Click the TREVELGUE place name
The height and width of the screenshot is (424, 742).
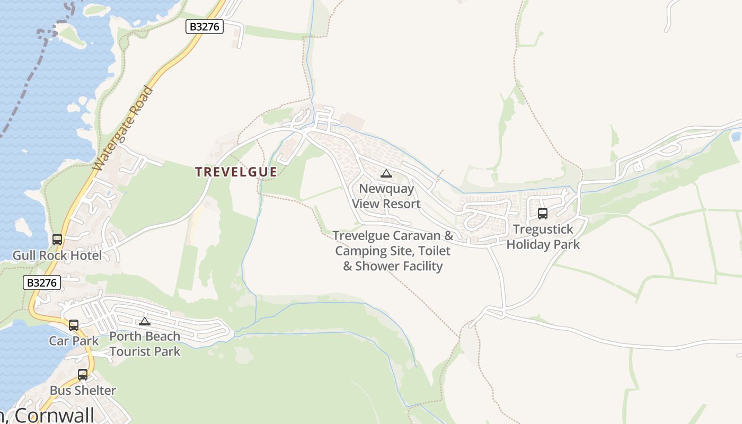tap(236, 172)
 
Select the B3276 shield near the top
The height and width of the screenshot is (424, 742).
tap(205, 26)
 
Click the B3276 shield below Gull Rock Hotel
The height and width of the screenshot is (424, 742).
tap(42, 282)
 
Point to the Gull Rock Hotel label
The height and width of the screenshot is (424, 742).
tap(57, 255)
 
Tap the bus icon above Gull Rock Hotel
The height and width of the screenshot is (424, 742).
tap(57, 240)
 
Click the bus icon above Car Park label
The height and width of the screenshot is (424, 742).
tap(74, 325)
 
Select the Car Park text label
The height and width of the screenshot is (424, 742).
tap(74, 340)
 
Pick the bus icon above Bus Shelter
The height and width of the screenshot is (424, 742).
tap(83, 375)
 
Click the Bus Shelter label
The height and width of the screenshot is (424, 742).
tap(83, 391)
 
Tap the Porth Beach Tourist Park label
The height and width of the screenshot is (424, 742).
tap(145, 343)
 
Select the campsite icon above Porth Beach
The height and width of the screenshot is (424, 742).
tap(145, 321)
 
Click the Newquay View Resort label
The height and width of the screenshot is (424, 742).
tap(386, 196)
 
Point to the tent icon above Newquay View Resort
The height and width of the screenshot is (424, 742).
tap(386, 173)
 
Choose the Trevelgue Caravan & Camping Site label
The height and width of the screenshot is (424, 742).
tap(393, 250)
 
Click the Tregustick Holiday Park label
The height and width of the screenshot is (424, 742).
tap(543, 237)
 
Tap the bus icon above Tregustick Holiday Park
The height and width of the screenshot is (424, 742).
tap(543, 214)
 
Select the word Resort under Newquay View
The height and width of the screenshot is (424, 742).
tap(402, 204)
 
